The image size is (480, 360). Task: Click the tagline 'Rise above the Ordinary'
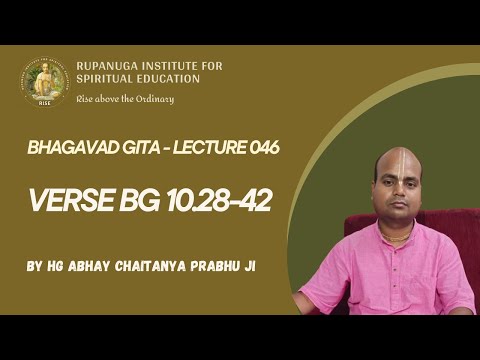124,98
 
